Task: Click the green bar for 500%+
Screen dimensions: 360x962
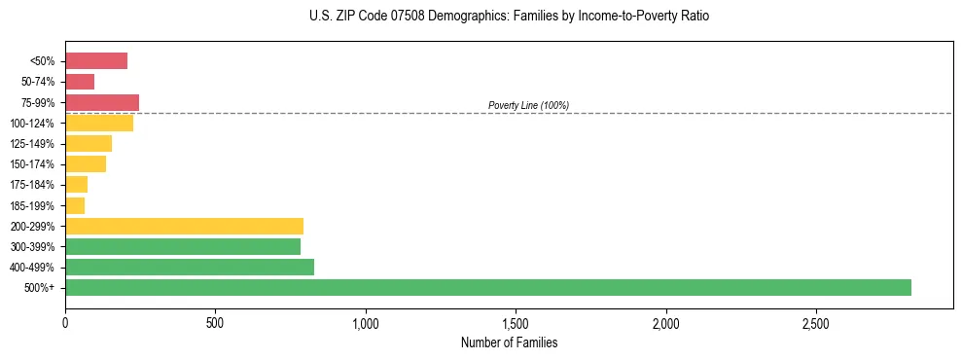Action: pos(487,287)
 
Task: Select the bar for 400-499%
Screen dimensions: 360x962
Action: pos(190,267)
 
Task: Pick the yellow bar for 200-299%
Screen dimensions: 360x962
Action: pos(184,226)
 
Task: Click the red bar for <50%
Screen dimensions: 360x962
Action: pos(96,61)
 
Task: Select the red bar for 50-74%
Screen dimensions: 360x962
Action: pos(80,82)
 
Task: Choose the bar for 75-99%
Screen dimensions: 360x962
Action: pos(102,102)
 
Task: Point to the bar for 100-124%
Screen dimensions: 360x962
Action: pos(99,123)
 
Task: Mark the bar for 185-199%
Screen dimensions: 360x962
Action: pos(75,205)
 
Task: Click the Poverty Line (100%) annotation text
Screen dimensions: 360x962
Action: pos(528,105)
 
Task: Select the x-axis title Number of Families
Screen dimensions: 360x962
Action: pos(509,342)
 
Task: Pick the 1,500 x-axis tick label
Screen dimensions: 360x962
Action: pos(516,323)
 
